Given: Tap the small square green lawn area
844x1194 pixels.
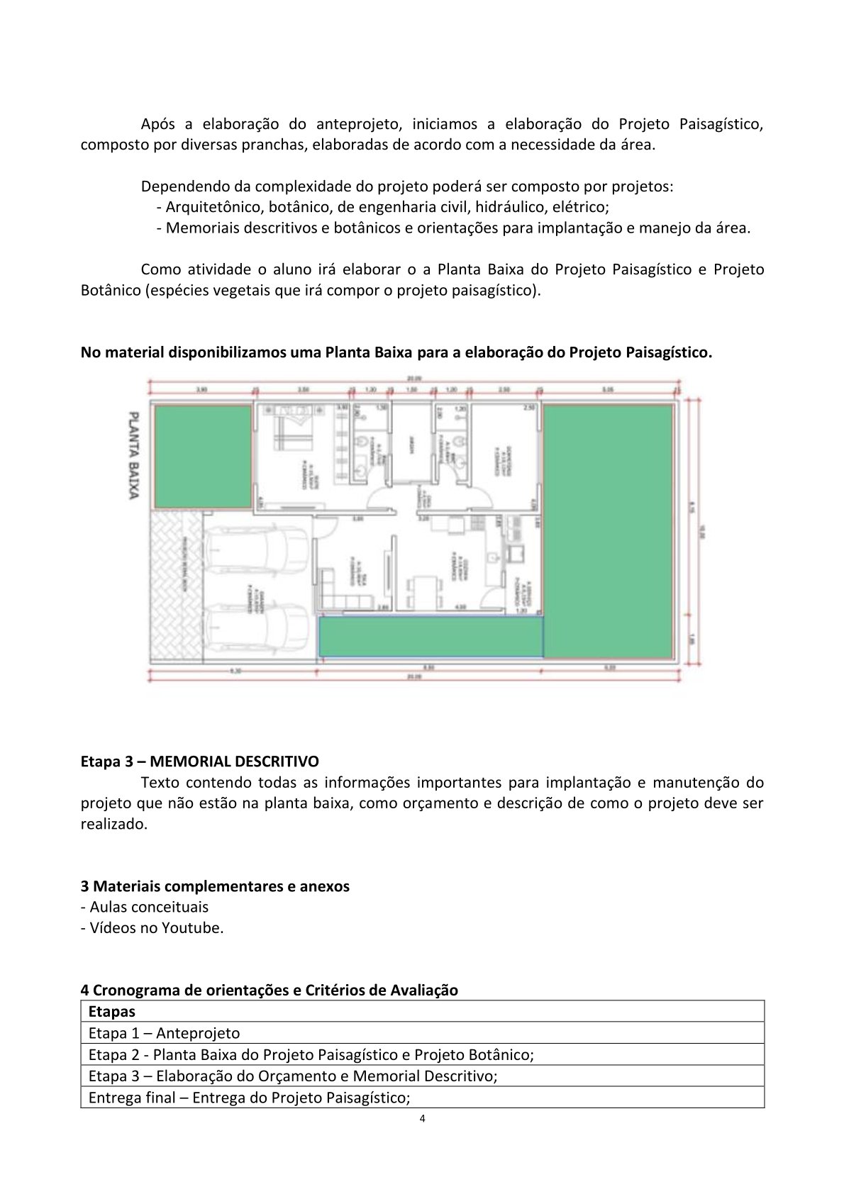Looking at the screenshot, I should click(x=203, y=456).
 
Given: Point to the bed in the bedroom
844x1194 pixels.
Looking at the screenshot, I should click(x=291, y=427).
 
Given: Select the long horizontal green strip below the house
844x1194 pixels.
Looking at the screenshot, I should click(x=431, y=636).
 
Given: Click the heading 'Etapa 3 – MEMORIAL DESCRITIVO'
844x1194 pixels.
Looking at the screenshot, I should click(x=199, y=761).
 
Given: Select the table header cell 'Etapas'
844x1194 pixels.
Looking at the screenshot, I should click(x=111, y=1012).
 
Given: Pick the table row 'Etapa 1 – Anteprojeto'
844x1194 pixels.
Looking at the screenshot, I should click(x=164, y=1033).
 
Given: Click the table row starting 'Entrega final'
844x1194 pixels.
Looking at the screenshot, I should click(x=249, y=1098).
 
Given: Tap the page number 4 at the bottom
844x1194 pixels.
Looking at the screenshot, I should click(x=423, y=1119).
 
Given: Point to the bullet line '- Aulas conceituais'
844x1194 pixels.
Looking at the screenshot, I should click(x=144, y=907).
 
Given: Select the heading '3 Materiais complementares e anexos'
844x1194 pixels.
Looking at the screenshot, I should click(x=215, y=886).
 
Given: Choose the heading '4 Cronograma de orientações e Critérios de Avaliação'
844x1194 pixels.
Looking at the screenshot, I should click(x=269, y=991).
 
